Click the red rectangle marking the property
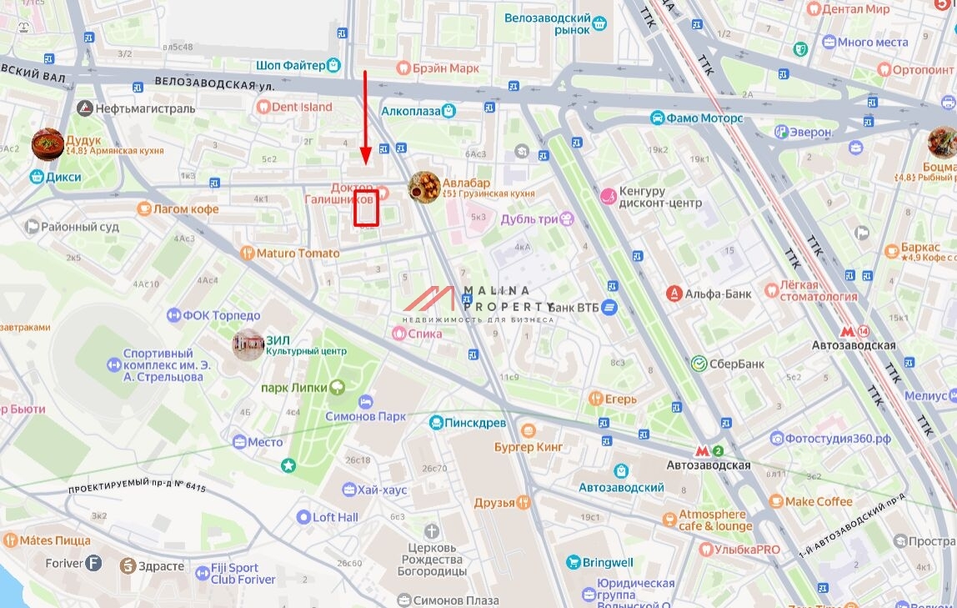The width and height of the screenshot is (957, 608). tap(367, 209)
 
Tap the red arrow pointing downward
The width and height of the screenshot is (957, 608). tap(365, 117)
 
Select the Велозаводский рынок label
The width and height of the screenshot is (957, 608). tap(549, 23)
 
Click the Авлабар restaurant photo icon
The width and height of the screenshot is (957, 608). tap(424, 187)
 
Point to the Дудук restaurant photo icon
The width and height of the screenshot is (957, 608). tap(48, 144)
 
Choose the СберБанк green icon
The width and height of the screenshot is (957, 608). tap(699, 364)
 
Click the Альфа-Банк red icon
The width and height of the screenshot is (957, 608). tap(674, 294)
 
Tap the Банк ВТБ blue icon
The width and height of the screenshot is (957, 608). tap(609, 307)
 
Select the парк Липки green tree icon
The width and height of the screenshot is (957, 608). tap(337, 387)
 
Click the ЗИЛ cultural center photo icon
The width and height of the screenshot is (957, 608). tap(248, 344)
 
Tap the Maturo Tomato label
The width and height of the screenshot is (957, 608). tap(298, 253)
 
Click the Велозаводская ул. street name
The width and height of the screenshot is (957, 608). tap(214, 84)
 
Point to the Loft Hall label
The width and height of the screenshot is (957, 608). tap(335, 517)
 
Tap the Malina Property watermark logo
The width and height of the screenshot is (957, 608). tap(478, 301)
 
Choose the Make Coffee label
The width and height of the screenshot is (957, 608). tap(819, 501)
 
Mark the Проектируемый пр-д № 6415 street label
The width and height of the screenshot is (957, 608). tap(137, 488)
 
